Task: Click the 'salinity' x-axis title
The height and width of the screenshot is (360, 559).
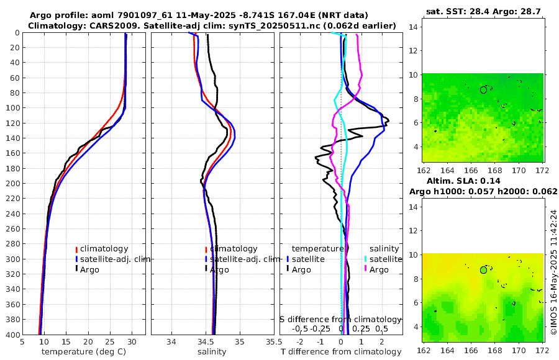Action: (x=212, y=352)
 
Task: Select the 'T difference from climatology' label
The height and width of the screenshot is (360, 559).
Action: (x=341, y=352)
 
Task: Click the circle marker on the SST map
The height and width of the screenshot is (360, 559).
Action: (x=483, y=89)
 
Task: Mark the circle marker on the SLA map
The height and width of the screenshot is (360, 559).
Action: (x=483, y=270)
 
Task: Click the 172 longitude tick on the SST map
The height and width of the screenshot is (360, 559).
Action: (x=541, y=169)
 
